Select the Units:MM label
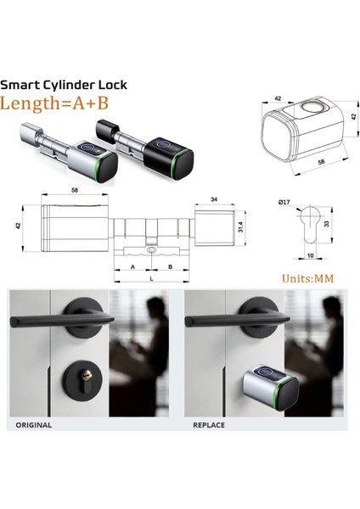pos(310,277)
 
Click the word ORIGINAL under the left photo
pos(34,424)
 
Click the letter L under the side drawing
pos(150,277)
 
